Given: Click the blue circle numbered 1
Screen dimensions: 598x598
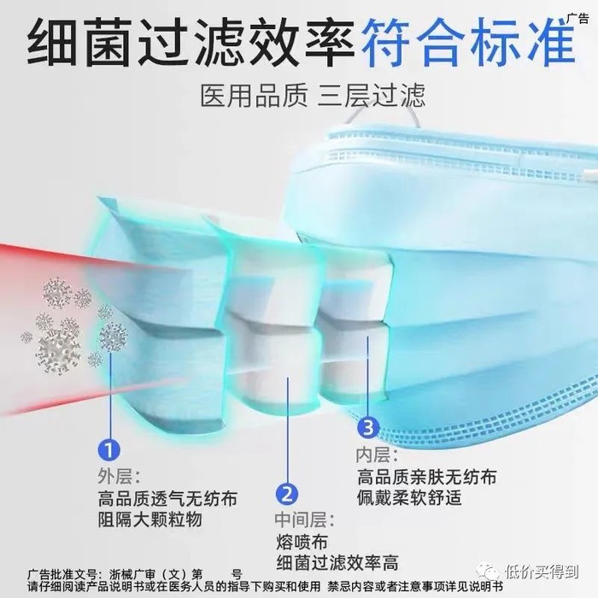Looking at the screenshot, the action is [x=109, y=450].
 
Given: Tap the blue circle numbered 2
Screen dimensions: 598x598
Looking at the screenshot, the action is [x=287, y=494].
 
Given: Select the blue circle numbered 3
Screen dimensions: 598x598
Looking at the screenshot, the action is [x=368, y=427].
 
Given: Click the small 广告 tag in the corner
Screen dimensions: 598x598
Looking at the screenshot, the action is [x=577, y=18].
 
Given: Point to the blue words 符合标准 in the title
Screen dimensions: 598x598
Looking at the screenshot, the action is [x=468, y=43].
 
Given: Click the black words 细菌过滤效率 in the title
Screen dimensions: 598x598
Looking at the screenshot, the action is [x=191, y=43].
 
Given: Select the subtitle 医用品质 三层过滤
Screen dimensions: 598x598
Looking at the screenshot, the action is [x=313, y=96].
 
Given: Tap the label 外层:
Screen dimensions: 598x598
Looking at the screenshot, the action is [x=119, y=476].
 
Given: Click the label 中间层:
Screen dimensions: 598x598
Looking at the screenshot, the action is [x=304, y=519].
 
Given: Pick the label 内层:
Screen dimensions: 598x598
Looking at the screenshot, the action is [x=377, y=454].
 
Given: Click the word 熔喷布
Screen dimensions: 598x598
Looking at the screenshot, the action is [x=302, y=542].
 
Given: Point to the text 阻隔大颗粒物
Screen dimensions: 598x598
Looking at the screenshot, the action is [x=149, y=519].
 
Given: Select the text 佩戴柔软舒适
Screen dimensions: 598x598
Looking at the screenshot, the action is [x=409, y=497].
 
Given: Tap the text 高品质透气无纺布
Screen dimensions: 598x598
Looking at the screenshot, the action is [x=167, y=498].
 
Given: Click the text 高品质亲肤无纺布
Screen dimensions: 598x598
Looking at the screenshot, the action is [x=427, y=477].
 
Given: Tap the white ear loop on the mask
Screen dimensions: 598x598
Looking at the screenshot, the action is [x=384, y=114].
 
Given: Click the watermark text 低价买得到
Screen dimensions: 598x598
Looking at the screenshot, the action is [x=542, y=572].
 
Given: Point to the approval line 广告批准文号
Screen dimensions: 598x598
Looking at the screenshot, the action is [x=135, y=574].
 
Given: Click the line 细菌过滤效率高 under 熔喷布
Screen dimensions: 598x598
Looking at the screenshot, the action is [x=337, y=562].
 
